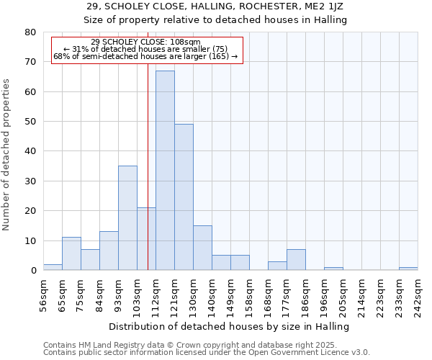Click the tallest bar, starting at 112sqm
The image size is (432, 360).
pos(165,171)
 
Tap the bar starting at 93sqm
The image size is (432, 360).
pos(127,218)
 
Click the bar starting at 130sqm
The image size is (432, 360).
pos(202,248)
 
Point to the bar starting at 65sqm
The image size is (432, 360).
pos(71,253)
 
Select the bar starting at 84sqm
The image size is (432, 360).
pos(109,251)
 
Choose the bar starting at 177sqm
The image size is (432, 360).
pos(296,260)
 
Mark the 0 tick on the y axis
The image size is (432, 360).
pos(32,271)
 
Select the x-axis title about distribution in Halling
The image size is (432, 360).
pos(230,326)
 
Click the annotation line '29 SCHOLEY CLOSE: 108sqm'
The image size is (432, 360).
pos(146,42)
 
